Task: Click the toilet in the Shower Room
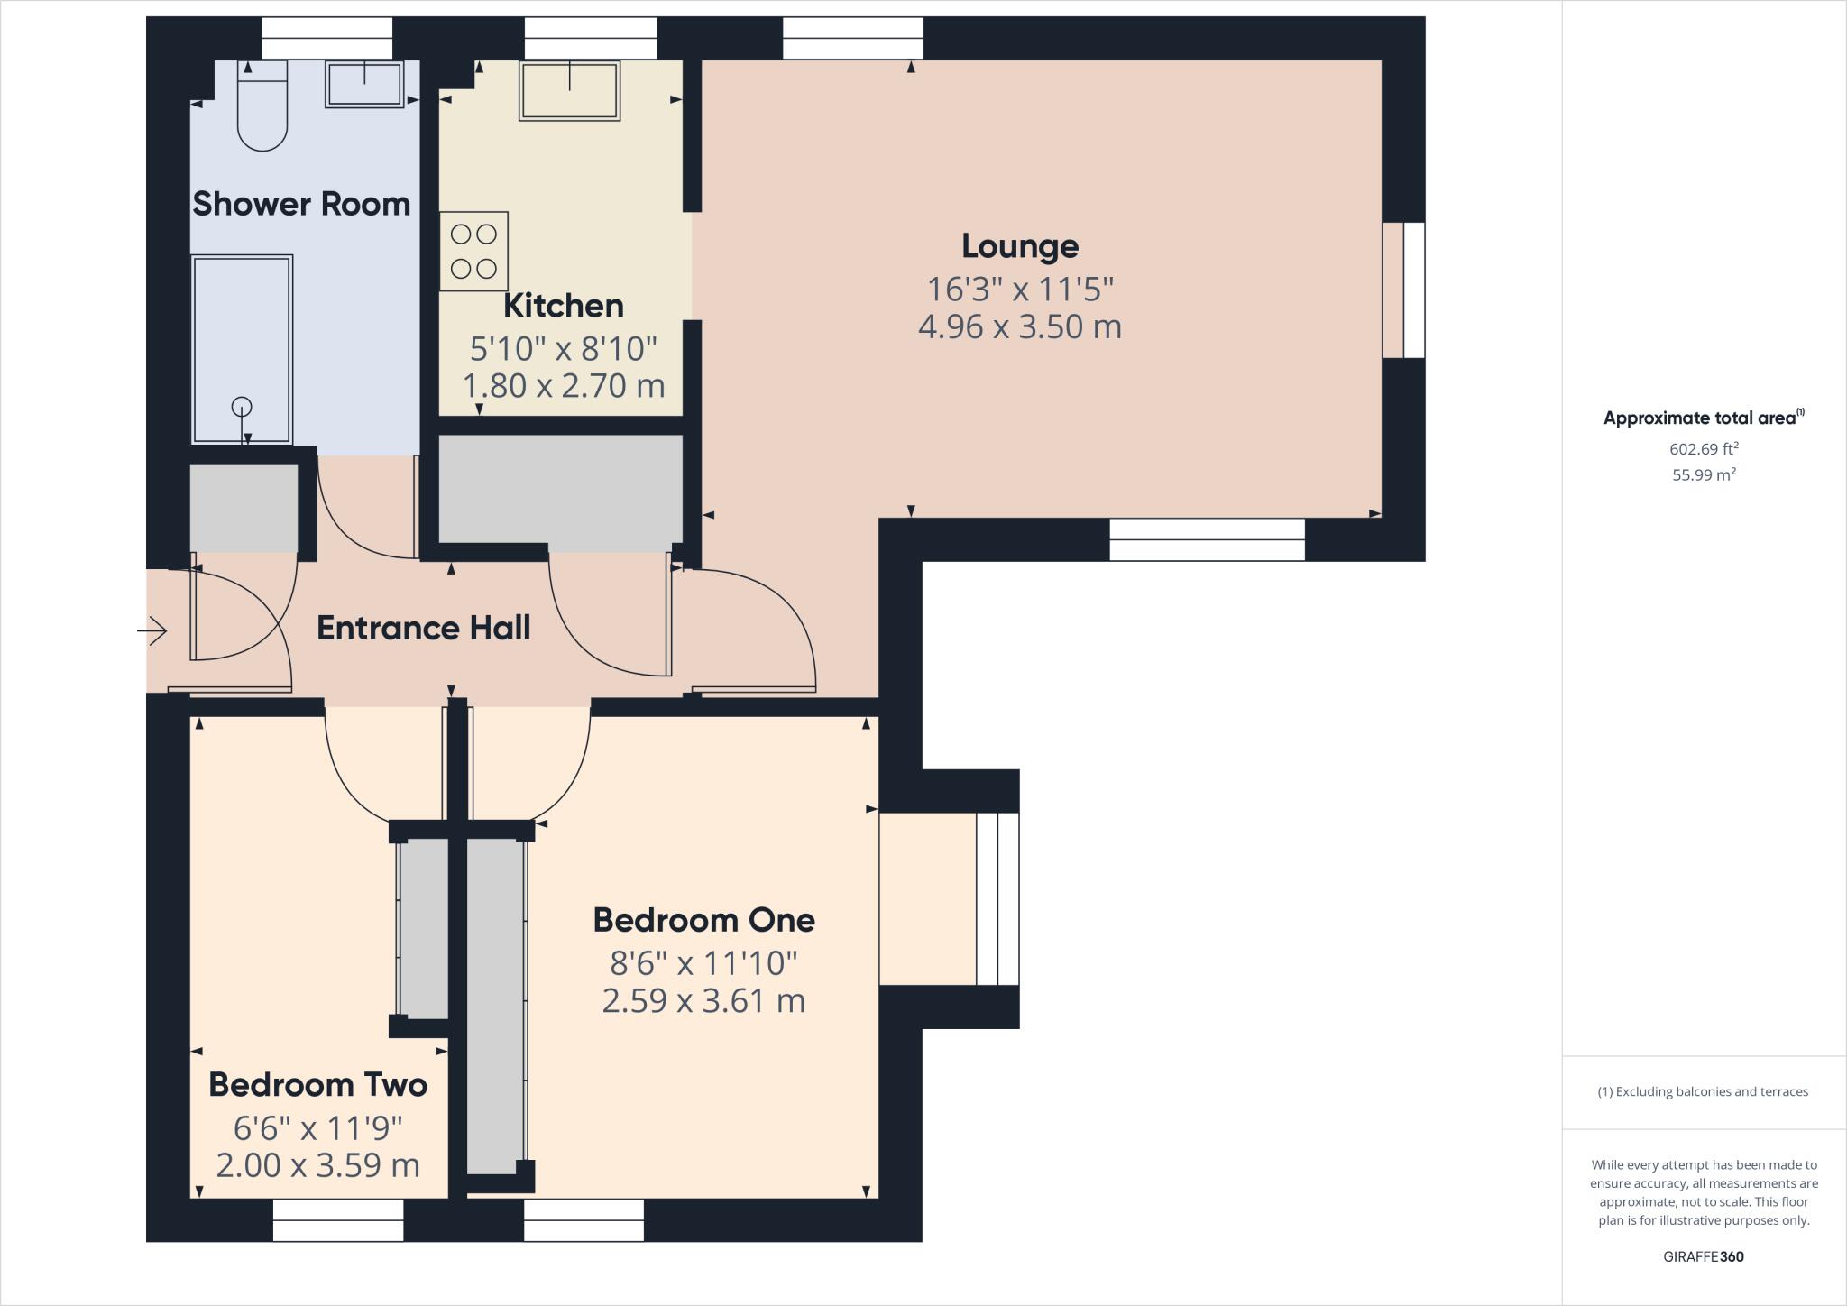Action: pyautogui.click(x=262, y=105)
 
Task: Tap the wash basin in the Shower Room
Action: pyautogui.click(x=364, y=84)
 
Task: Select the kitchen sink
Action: pyautogui.click(x=570, y=90)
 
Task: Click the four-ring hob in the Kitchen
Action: pyautogui.click(x=474, y=251)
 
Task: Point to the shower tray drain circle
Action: pyautogui.click(x=242, y=406)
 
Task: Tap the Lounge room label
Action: pyautogui.click(x=1020, y=246)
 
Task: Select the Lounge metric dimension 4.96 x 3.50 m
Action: pyautogui.click(x=1020, y=326)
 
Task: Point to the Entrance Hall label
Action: pyautogui.click(x=424, y=628)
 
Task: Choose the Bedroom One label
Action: pyautogui.click(x=704, y=920)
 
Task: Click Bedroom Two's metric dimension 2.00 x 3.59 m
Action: pyautogui.click(x=318, y=1165)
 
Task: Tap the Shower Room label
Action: pyautogui.click(x=301, y=204)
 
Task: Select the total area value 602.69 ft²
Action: pyautogui.click(x=1704, y=448)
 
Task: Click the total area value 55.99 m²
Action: pyautogui.click(x=1704, y=474)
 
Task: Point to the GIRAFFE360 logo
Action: pyautogui.click(x=1704, y=1256)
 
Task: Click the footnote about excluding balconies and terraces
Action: pyautogui.click(x=1704, y=1091)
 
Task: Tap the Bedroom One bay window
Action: pyautogui.click(x=997, y=899)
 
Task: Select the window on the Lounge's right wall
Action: pyautogui.click(x=1404, y=290)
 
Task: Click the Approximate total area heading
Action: pyautogui.click(x=1704, y=418)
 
